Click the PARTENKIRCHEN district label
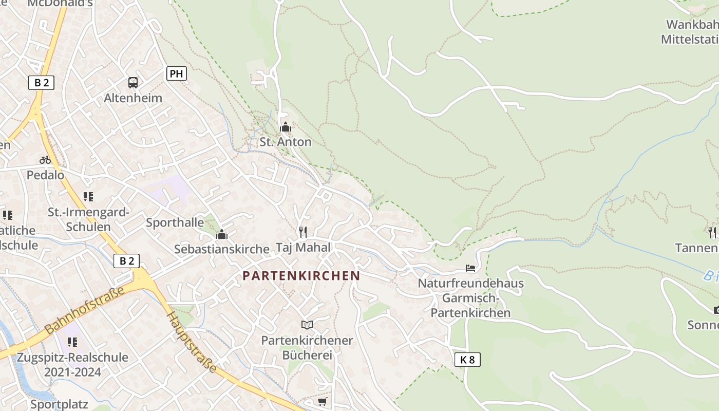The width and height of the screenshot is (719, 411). pyautogui.click(x=301, y=276)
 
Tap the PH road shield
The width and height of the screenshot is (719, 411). pyautogui.click(x=176, y=74)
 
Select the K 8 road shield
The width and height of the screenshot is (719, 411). pyautogui.click(x=467, y=360)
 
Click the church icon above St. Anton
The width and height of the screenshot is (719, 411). pyautogui.click(x=286, y=127)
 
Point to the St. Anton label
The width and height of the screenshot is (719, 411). pyautogui.click(x=286, y=142)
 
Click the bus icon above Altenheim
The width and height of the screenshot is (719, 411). pyautogui.click(x=133, y=82)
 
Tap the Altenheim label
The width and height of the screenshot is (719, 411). pyautogui.click(x=133, y=98)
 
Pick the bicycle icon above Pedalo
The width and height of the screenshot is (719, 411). pyautogui.click(x=45, y=160)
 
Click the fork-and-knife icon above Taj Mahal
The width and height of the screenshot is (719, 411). pyautogui.click(x=303, y=232)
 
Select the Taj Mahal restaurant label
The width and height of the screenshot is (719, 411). pyautogui.click(x=304, y=247)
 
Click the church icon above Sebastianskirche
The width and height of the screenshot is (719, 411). pyautogui.click(x=222, y=234)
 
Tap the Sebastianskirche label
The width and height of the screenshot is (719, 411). pyautogui.click(x=222, y=249)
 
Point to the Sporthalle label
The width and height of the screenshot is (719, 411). pyautogui.click(x=175, y=222)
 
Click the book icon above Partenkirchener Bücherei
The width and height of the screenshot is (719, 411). pyautogui.click(x=307, y=325)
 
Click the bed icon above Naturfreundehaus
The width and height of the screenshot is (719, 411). pyautogui.click(x=470, y=268)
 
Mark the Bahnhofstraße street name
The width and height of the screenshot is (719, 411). pyautogui.click(x=85, y=310)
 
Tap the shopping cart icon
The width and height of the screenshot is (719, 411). pyautogui.click(x=322, y=401)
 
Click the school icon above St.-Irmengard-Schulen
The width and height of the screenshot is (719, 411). pyautogui.click(x=88, y=197)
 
